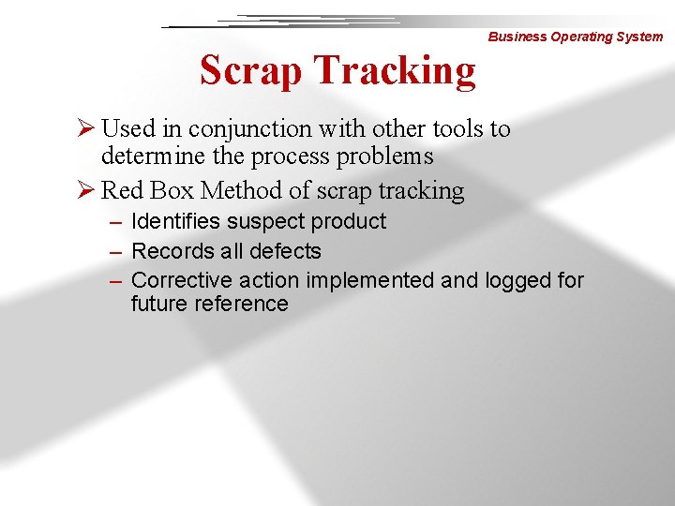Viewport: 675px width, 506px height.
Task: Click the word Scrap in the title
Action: [x=249, y=71]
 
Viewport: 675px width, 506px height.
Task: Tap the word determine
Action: [x=148, y=156]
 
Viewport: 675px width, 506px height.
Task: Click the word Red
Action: [x=118, y=191]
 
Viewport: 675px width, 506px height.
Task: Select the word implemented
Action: [x=369, y=280]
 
